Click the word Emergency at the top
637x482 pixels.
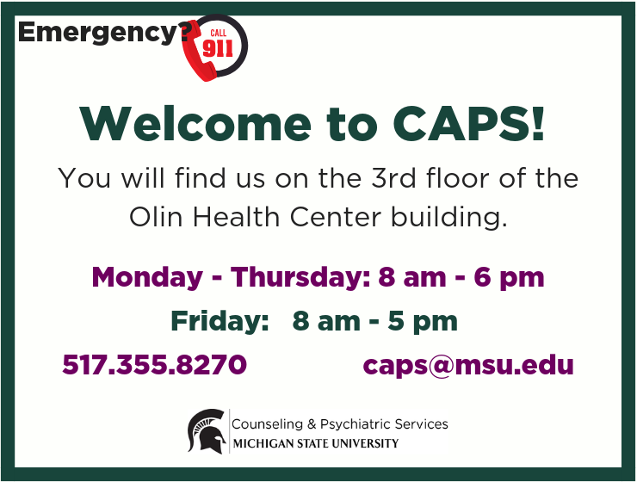(97, 34)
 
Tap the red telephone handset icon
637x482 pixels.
(199, 52)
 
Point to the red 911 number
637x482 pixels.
(218, 49)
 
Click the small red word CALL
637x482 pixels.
(219, 33)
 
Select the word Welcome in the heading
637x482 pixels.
(195, 123)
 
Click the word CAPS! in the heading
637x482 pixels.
(468, 123)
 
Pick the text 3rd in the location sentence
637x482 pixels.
(393, 178)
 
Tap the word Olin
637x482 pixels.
(156, 217)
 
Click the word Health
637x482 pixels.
(236, 217)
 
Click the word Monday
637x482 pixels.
(147, 279)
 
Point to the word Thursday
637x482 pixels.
(300, 277)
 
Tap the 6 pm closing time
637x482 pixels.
(509, 279)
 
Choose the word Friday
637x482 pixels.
(220, 321)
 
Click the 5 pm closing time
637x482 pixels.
(423, 322)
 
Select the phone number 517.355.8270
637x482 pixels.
(154, 364)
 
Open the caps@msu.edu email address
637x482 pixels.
(468, 365)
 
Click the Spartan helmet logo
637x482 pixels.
(207, 431)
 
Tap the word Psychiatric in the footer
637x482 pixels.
(355, 424)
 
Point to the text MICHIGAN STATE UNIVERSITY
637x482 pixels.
(316, 443)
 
